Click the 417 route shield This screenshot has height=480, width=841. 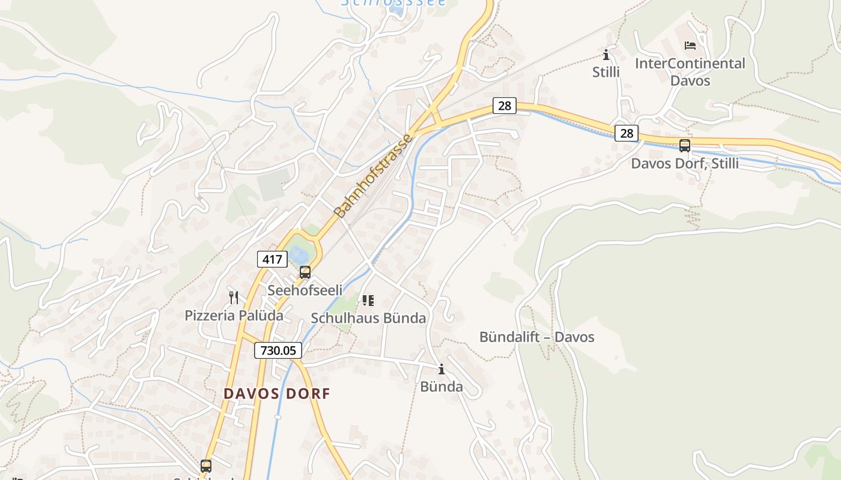pos(271,259)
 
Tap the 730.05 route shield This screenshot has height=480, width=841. pos(278,350)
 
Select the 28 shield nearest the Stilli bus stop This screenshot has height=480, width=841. pos(627,133)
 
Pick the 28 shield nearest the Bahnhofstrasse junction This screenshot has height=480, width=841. pos(505,106)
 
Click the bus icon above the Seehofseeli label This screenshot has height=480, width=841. pos(305,272)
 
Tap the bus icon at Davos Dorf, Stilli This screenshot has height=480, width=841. pos(684,145)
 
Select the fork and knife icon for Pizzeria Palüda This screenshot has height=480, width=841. pos(234,297)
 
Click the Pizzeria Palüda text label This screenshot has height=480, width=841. pos(234,315)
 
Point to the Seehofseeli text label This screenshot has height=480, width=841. pos(305,290)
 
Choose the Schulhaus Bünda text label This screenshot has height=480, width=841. pos(368,318)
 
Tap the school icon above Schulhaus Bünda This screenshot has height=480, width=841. pos(368,300)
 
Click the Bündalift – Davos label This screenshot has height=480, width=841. pos(536,337)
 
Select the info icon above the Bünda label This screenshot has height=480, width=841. pos(442,369)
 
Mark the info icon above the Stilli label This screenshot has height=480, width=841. pos(606,55)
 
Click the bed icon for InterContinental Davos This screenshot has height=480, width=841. pos(690,45)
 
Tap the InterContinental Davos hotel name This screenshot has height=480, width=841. pos(690,71)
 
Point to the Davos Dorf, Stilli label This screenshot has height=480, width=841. pos(684,163)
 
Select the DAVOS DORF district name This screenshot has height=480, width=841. pos(277,394)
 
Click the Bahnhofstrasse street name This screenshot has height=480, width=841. pos(374,176)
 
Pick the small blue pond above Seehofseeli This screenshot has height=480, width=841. pos(299,255)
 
